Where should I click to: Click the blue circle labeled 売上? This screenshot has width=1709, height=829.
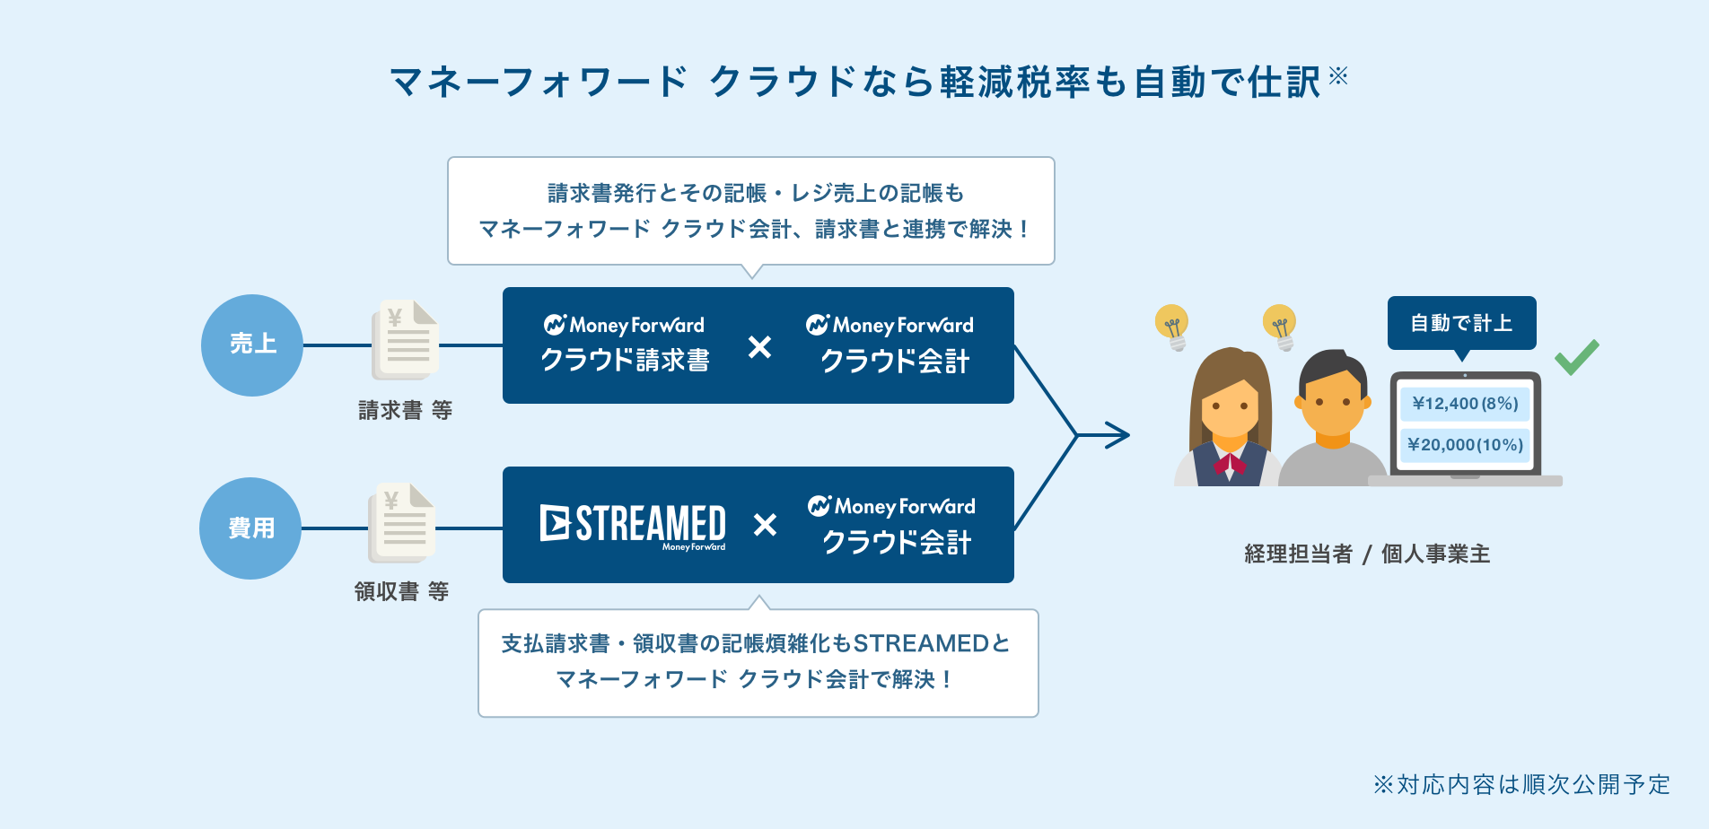[x=252, y=345]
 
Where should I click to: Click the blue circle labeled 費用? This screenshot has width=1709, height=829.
[x=250, y=528]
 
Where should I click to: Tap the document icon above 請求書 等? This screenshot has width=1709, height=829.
[x=406, y=340]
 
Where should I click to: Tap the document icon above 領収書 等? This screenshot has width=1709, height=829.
[x=402, y=523]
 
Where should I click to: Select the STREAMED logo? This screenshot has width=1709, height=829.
[x=633, y=526]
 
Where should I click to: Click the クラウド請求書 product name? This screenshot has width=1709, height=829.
[x=625, y=360]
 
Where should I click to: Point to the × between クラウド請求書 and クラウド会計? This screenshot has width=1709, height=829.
[x=759, y=346]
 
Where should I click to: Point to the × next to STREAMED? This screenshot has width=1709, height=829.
[x=765, y=524]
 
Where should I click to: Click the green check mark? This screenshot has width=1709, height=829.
[x=1577, y=357]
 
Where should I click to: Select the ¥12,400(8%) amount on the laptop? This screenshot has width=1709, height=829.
[x=1465, y=404]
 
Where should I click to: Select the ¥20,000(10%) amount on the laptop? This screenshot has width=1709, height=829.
[x=1465, y=445]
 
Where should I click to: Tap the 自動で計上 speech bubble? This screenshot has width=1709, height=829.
[x=1461, y=324]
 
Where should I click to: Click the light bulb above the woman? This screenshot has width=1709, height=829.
[x=1172, y=327]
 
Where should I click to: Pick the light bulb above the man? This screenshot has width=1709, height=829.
[x=1280, y=327]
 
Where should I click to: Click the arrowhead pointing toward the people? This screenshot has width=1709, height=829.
[x=1118, y=436]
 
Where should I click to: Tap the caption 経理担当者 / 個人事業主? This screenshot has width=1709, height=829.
[x=1367, y=554]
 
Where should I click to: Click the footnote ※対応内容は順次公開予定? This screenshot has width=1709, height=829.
[x=1521, y=785]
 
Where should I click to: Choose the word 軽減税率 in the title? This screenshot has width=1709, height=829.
[x=1014, y=82]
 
